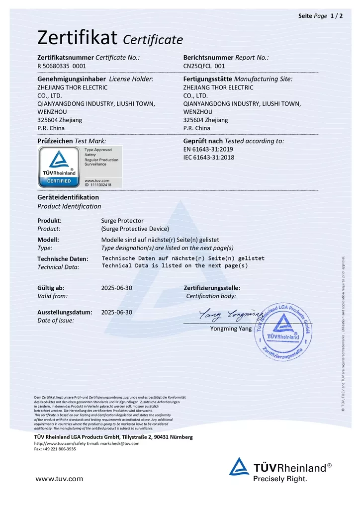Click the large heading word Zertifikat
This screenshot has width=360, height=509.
(x=77, y=37)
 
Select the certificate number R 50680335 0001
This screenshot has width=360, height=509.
(x=62, y=66)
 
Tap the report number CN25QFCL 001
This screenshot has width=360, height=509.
(x=204, y=66)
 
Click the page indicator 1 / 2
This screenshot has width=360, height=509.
(x=337, y=16)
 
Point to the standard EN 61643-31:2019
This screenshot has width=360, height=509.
(x=208, y=149)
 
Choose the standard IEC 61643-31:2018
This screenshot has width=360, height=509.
(x=209, y=158)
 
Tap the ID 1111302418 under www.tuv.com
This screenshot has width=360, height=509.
(x=98, y=184)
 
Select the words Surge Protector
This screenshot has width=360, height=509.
(x=122, y=220)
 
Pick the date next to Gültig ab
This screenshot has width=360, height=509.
(x=116, y=288)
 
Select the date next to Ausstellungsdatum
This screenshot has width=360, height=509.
(x=116, y=312)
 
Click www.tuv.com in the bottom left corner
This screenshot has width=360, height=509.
(x=59, y=479)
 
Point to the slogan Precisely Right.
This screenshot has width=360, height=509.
(x=280, y=479)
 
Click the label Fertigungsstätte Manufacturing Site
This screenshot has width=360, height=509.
(x=238, y=79)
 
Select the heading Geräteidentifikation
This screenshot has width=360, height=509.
(x=68, y=197)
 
